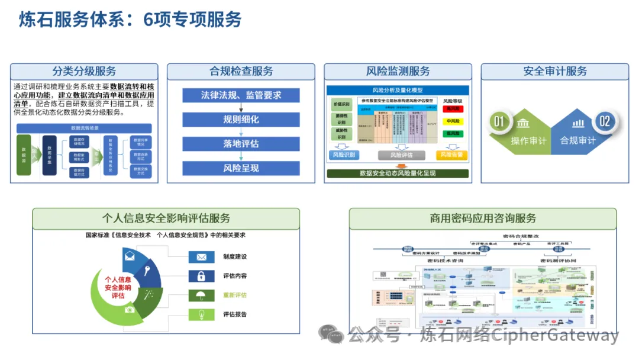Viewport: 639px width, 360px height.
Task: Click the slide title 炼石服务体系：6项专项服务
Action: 130,20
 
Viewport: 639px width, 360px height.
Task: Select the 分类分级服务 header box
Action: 84,72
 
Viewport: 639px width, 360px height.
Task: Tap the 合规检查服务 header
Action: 241,72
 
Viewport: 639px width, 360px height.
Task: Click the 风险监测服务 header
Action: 398,72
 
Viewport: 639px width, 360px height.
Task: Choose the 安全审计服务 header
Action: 554,72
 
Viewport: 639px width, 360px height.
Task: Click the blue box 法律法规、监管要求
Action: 241,95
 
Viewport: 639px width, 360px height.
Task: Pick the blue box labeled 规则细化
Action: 241,120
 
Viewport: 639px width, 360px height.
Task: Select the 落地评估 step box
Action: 241,144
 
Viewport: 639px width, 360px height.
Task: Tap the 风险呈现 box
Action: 241,168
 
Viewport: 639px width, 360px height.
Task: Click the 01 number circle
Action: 499,122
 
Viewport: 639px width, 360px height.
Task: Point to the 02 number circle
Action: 604,122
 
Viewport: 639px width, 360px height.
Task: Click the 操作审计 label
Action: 528,141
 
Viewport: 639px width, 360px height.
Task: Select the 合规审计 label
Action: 577,141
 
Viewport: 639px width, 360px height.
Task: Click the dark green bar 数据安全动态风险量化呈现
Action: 398,173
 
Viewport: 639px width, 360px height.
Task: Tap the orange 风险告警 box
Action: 451,155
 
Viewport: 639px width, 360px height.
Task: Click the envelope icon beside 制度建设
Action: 201,257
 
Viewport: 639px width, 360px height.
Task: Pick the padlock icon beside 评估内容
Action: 201,276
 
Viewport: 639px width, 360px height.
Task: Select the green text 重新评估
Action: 235,295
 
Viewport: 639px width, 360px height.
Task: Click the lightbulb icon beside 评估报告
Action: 201,314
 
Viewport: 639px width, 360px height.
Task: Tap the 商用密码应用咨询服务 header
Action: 483,218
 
